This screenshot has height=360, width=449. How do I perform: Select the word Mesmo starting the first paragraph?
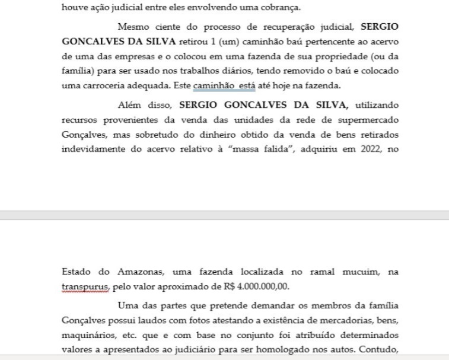point(134,27)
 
